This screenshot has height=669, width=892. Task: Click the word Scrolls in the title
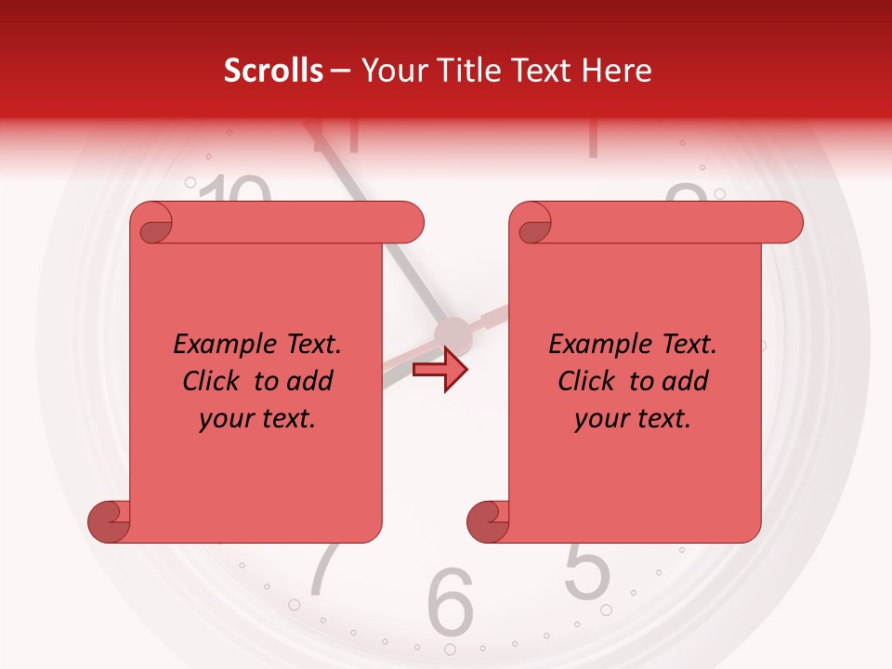tap(273, 71)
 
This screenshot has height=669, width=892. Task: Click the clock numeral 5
tap(587, 570)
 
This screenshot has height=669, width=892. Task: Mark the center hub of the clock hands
tap(453, 333)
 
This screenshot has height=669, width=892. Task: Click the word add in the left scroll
tap(309, 381)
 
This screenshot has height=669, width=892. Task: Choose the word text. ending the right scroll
tap(660, 419)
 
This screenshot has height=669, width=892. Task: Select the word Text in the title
tap(543, 71)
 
